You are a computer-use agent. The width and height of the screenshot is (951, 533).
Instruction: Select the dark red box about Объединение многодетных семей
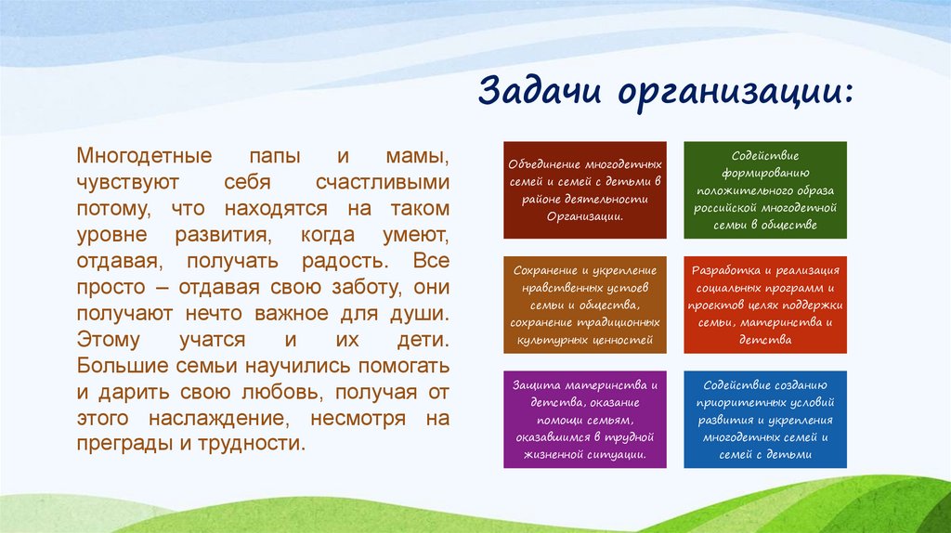pyautogui.click(x=584, y=190)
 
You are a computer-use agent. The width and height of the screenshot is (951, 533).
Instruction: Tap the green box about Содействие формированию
pyautogui.click(x=764, y=190)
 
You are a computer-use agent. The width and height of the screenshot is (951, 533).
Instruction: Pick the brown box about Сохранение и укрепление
pyautogui.click(x=584, y=305)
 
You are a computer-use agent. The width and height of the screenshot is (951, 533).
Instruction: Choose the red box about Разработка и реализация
pyautogui.click(x=764, y=305)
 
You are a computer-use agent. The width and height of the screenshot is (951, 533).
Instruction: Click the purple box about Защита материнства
pyautogui.click(x=584, y=419)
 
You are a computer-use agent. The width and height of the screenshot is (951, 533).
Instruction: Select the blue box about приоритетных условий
pyautogui.click(x=764, y=419)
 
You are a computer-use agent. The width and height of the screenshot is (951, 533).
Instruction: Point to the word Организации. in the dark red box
pyautogui.click(x=583, y=216)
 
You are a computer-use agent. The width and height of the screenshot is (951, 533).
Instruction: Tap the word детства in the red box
pyautogui.click(x=765, y=340)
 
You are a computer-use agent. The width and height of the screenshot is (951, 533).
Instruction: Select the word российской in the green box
pyautogui.click(x=735, y=208)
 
